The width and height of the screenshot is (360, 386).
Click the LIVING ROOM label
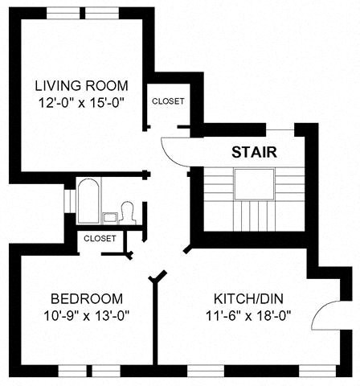(x=80, y=85)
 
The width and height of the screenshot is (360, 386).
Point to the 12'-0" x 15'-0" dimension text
(x=80, y=103)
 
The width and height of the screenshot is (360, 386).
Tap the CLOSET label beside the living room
(x=168, y=101)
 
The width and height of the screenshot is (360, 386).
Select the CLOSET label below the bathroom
(x=100, y=238)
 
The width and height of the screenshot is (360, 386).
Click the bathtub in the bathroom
(x=88, y=200)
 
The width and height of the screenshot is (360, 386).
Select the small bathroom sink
(x=109, y=217)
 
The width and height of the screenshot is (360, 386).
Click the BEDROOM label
(x=75, y=296)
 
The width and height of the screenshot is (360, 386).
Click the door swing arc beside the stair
(x=174, y=150)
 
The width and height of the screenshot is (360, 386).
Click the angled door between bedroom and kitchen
(x=159, y=277)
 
